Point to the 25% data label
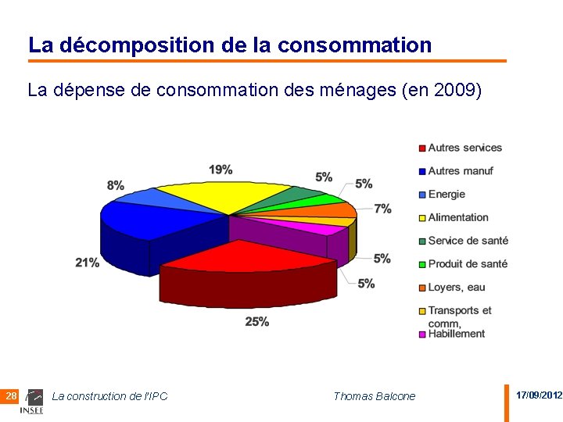coord(257,321)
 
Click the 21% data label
coord(88,263)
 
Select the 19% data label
coord(221,170)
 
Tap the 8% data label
coord(116,185)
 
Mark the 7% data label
coord(382,209)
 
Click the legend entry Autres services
coord(464,148)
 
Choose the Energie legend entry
coord(446,195)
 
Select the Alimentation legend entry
coord(457,217)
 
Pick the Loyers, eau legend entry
coord(456,288)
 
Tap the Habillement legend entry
coord(456,334)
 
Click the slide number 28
coord(11,396)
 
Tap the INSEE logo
coord(32,402)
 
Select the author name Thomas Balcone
coord(374,396)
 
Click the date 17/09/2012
coord(539,395)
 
